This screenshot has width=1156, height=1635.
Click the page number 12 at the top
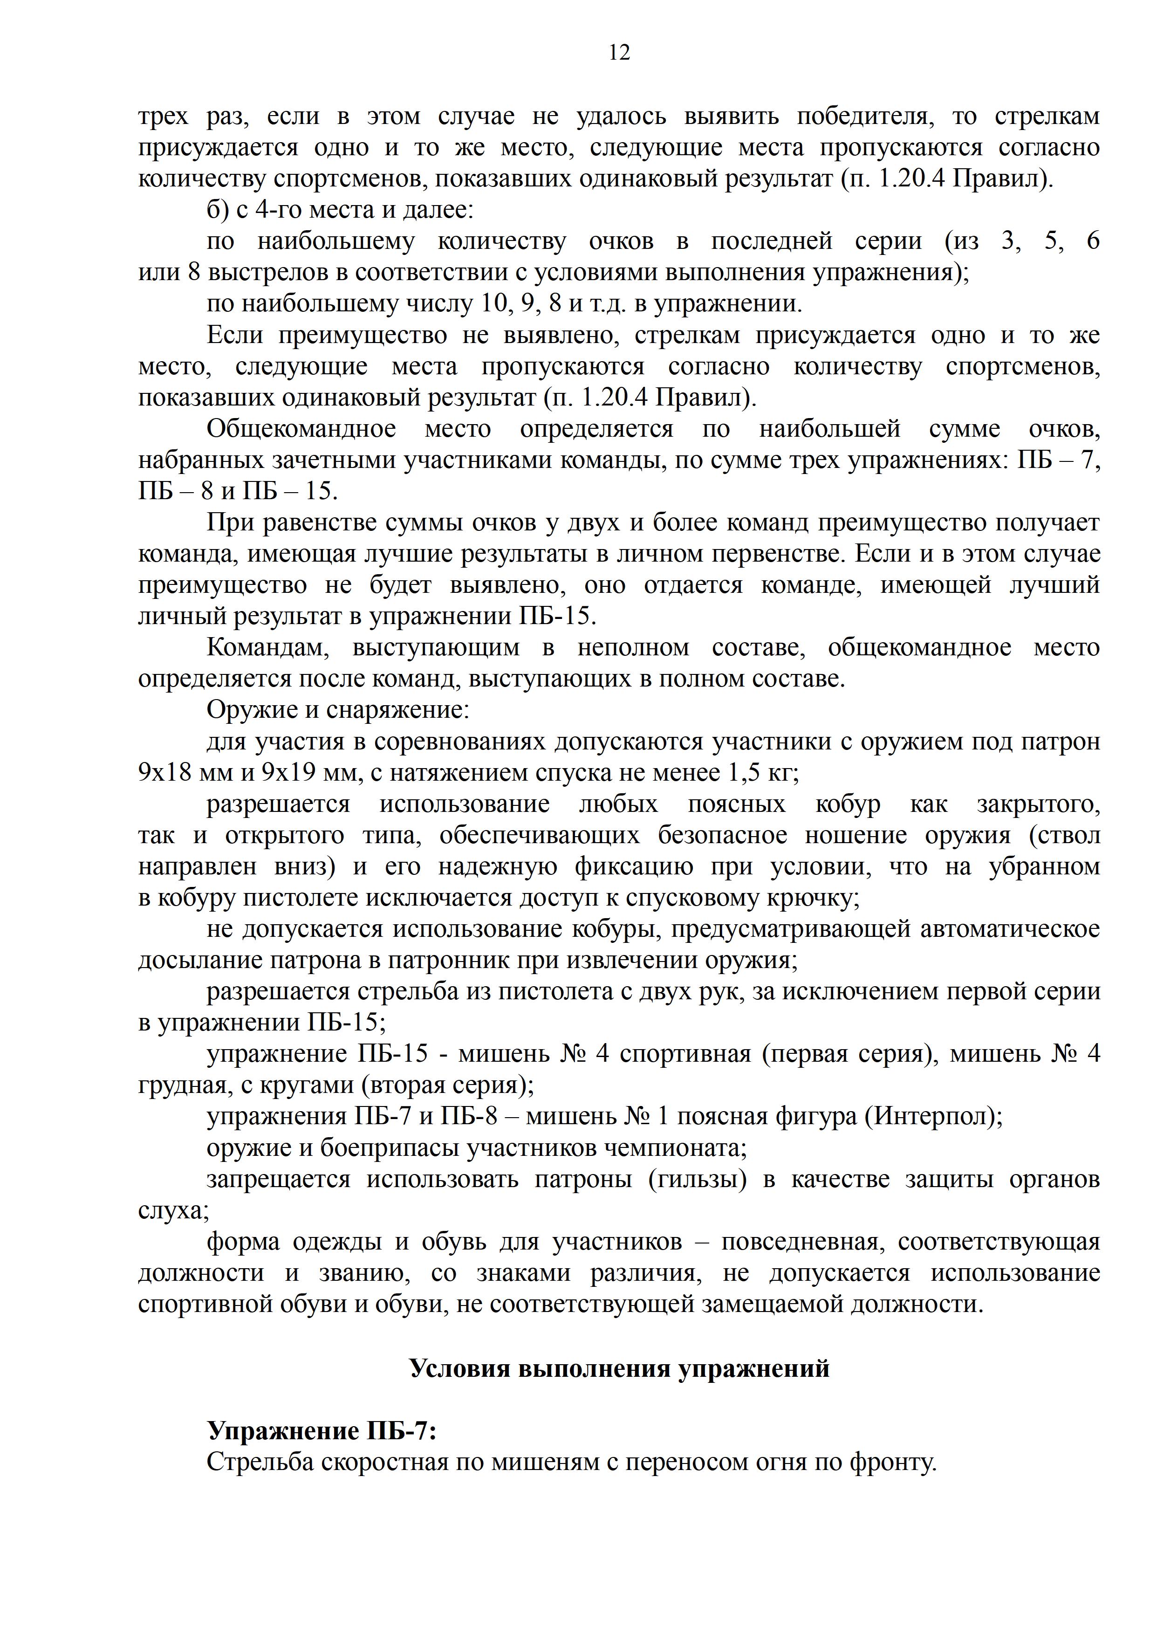point(619,53)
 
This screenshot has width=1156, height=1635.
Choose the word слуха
point(173,1210)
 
